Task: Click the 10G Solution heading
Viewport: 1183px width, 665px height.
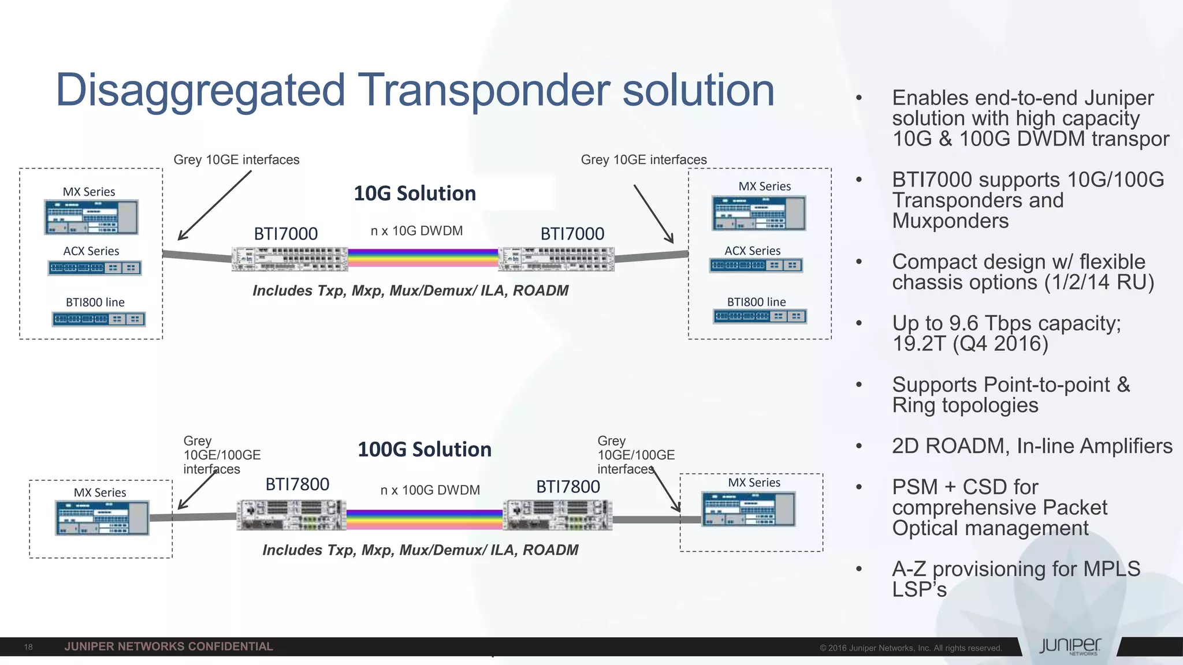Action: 415,193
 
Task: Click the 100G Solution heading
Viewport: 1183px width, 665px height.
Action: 425,450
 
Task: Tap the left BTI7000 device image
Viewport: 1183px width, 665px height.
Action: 290,259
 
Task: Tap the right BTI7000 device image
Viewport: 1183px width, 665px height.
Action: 556,259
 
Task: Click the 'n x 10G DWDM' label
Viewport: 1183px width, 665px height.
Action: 416,231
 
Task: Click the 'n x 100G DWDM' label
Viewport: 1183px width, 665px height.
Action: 430,490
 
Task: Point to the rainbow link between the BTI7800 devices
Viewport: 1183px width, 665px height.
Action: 425,520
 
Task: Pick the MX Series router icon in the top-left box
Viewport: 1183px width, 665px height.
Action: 91,217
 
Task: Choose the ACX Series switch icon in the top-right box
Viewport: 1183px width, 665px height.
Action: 756,266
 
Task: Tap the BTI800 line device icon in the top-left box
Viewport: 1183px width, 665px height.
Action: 98,319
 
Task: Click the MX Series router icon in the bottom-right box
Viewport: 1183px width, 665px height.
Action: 749,509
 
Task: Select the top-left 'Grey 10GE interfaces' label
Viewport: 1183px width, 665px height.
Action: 236,160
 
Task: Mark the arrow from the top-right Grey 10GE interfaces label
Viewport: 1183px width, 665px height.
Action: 653,214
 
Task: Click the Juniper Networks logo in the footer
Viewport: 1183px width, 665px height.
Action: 1070,647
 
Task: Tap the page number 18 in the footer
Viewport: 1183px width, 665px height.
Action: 28,647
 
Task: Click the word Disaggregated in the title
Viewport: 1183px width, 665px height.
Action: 200,91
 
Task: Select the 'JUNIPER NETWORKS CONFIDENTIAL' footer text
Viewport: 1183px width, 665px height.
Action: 169,647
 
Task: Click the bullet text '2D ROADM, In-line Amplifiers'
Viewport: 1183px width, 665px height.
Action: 1032,446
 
